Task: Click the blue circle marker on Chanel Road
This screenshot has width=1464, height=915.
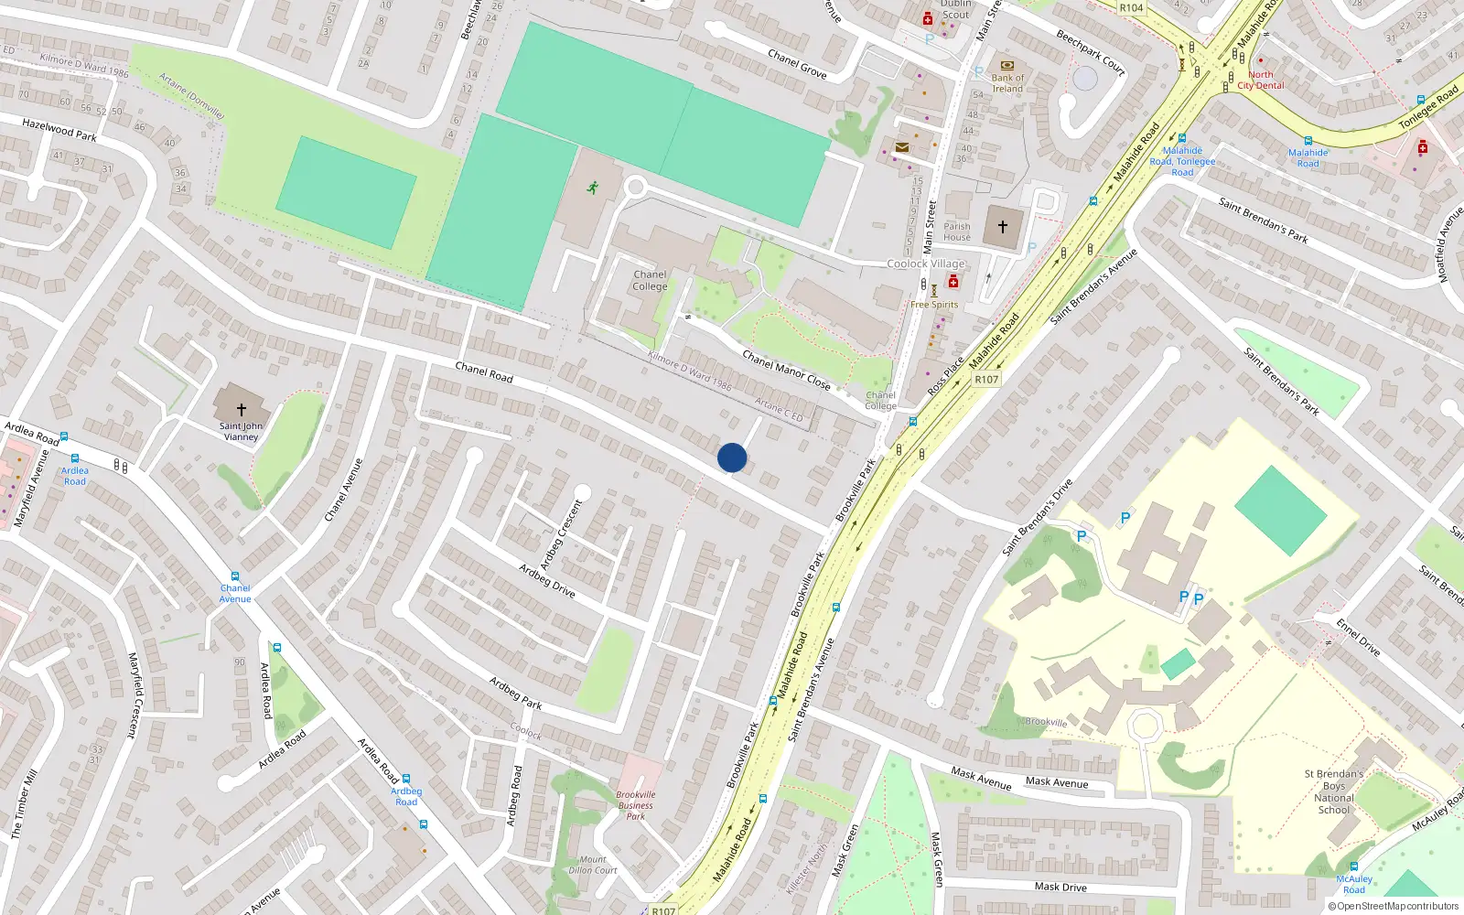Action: (x=732, y=457)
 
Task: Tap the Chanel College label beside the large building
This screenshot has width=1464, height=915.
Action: (x=650, y=280)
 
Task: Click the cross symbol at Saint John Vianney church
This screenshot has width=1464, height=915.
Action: (x=242, y=410)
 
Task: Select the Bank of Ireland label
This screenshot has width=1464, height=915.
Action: (x=1007, y=83)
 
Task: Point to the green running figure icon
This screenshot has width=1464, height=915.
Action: (x=593, y=188)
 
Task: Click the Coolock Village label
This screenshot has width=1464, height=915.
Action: (x=926, y=264)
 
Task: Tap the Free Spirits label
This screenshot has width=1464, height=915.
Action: (x=934, y=305)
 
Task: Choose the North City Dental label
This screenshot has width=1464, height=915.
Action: (x=1261, y=81)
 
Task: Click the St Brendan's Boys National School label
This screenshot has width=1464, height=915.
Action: (x=1333, y=791)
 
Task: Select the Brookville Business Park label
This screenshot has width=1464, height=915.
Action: (x=636, y=805)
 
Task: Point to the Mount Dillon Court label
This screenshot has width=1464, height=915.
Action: (x=593, y=865)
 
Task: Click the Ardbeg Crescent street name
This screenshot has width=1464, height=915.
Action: (x=562, y=535)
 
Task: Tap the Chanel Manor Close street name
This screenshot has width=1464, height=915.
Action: (x=786, y=370)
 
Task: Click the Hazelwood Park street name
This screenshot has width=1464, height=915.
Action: (x=59, y=129)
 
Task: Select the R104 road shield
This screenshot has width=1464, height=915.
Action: (x=1132, y=7)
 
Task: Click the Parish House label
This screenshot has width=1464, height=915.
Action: (x=957, y=231)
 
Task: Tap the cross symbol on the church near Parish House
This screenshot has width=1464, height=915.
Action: (x=1003, y=227)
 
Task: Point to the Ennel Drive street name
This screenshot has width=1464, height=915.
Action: (x=1358, y=637)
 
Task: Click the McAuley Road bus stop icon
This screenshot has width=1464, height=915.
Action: (x=1353, y=867)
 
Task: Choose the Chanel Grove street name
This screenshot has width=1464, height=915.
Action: (x=797, y=63)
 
